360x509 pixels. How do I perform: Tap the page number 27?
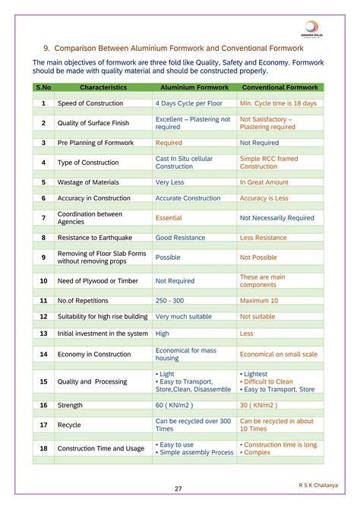[x=178, y=488]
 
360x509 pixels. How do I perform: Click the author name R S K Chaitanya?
[x=320, y=484]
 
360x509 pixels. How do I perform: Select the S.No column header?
[x=43, y=88]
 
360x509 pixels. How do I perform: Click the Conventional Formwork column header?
[x=281, y=88]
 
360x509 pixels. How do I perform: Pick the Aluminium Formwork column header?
[x=194, y=88]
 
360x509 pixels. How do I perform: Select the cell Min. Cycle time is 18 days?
[x=278, y=103]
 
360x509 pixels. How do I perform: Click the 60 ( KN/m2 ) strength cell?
[x=176, y=405]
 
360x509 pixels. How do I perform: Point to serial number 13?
[x=43, y=333]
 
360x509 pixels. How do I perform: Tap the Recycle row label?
[x=70, y=425]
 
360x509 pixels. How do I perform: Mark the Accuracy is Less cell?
[x=264, y=198]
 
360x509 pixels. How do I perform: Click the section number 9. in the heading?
[x=47, y=47]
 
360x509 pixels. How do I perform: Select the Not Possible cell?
[x=258, y=258]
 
